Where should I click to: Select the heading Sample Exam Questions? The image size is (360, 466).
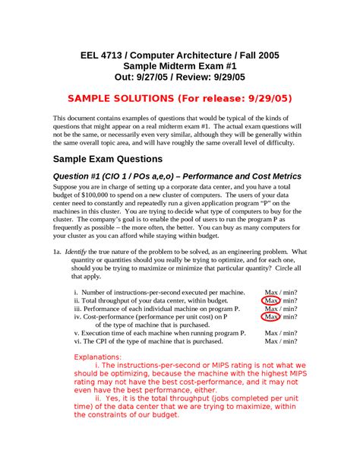click(x=107, y=159)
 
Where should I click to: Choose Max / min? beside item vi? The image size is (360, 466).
click(x=280, y=341)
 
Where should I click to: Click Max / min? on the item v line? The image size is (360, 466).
click(x=280, y=333)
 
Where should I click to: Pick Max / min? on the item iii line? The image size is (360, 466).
click(x=280, y=309)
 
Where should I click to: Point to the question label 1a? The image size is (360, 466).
click(x=56, y=252)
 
